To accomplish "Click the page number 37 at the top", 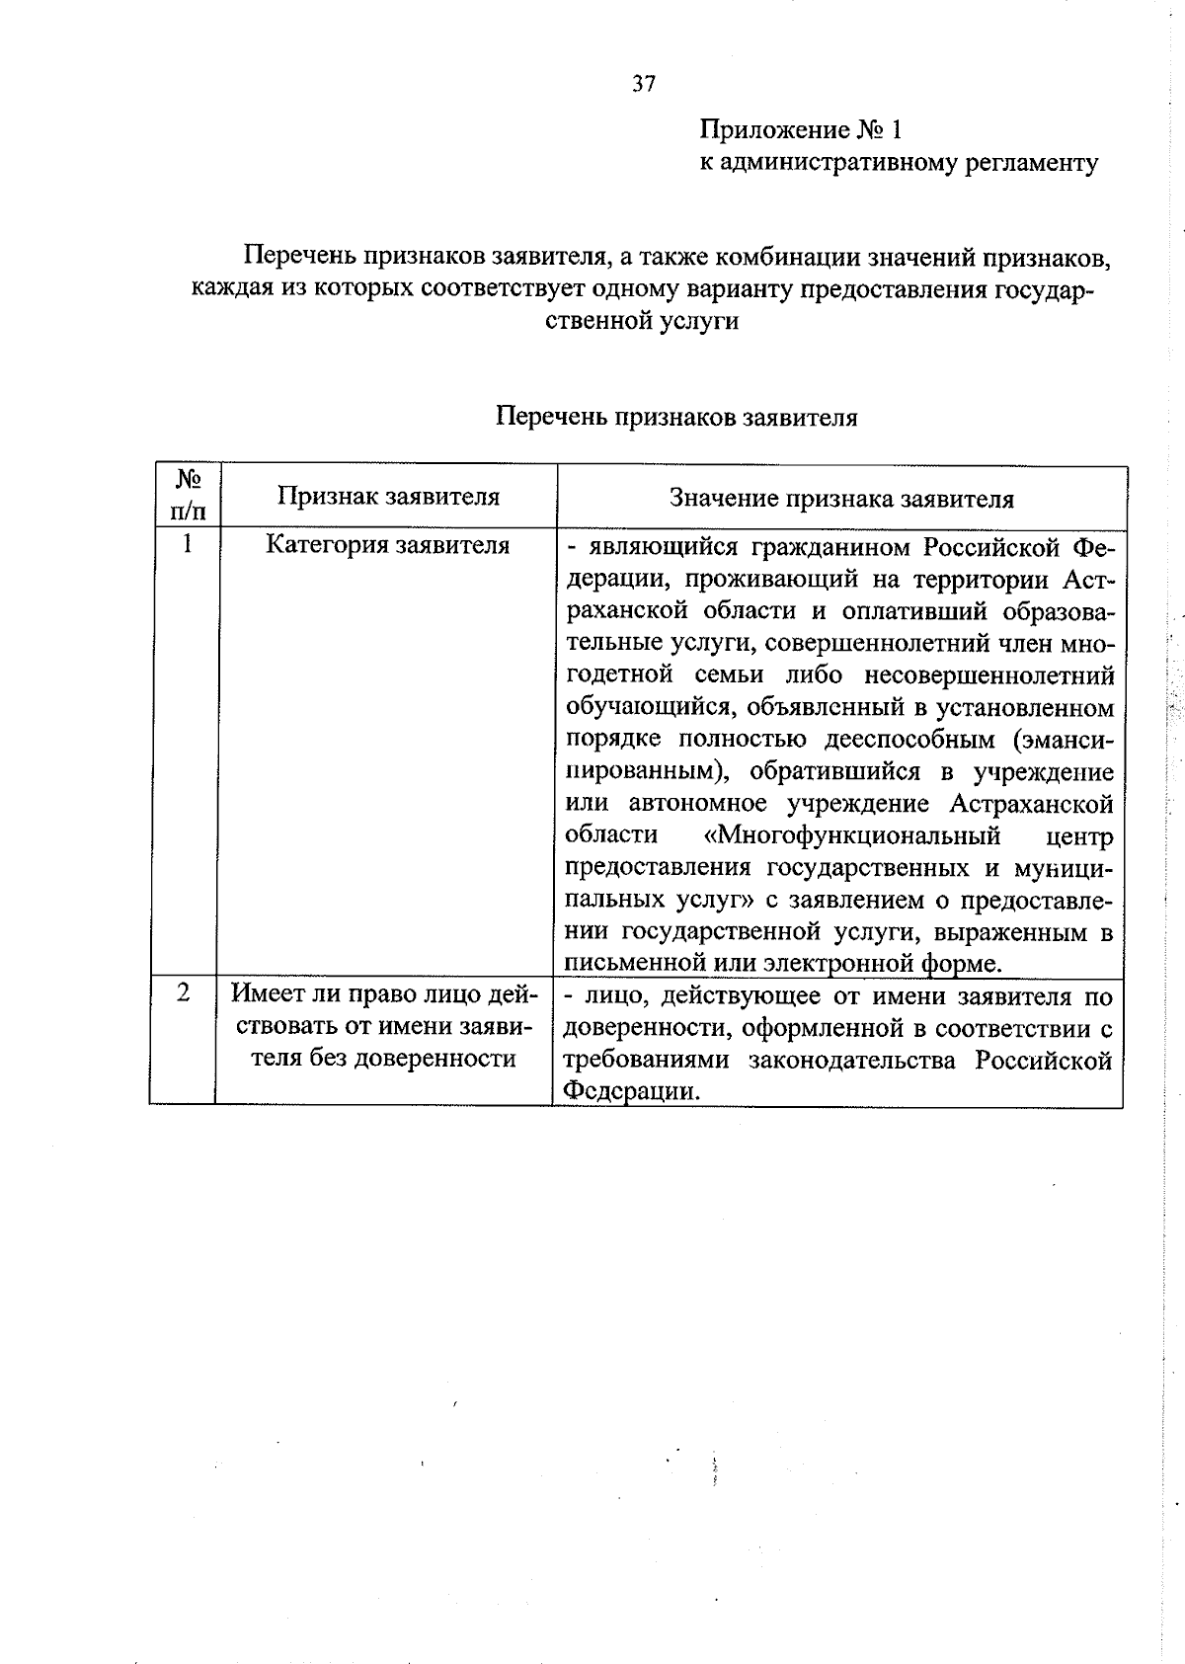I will click(643, 85).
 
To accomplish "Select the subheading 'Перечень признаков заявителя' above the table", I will click(675, 417).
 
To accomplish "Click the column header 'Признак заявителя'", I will click(388, 496).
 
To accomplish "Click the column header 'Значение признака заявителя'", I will click(841, 498).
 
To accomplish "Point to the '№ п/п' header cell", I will click(188, 495).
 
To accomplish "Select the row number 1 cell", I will click(186, 544).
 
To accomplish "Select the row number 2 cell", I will click(184, 993).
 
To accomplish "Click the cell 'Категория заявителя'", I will click(388, 545).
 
